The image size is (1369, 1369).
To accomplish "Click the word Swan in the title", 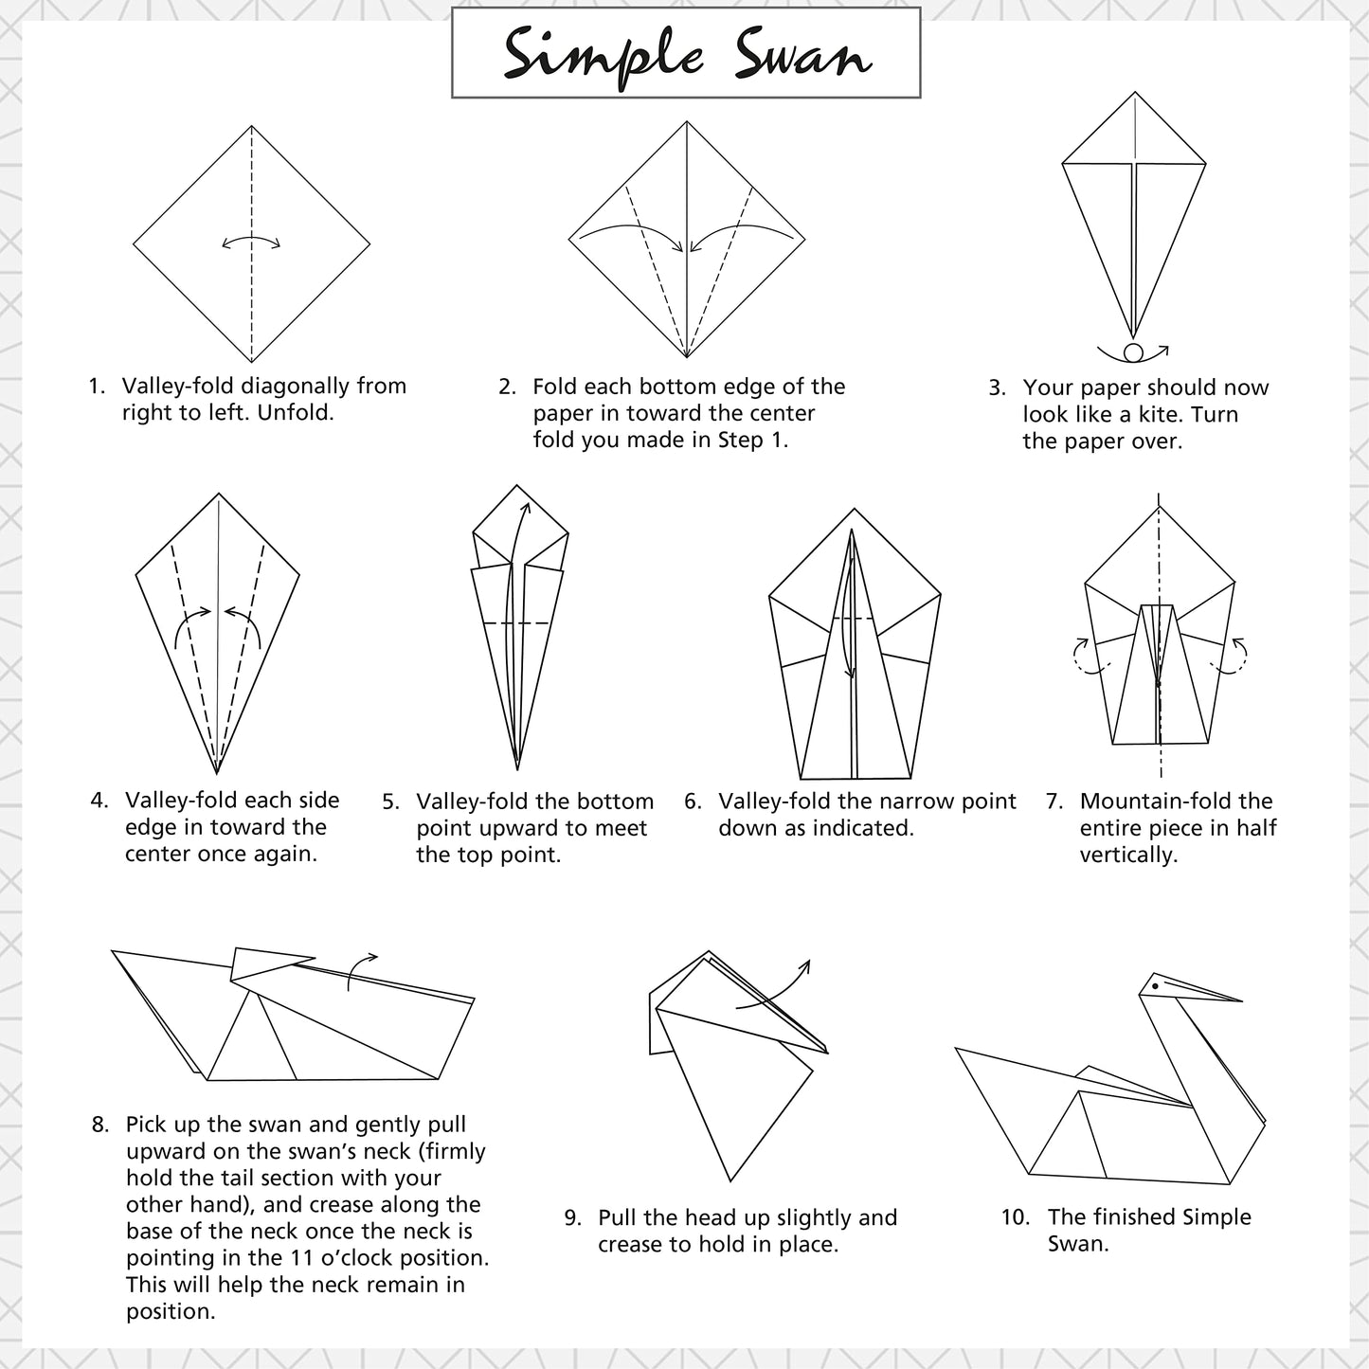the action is [x=802, y=55].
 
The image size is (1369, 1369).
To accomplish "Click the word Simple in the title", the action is [x=603, y=58].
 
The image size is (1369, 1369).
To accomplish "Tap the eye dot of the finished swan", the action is [x=1156, y=986].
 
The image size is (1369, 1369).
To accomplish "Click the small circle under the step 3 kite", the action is [x=1133, y=352].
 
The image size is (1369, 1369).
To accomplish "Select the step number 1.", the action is [x=97, y=387].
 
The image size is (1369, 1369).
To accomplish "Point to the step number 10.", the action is [x=1016, y=1217].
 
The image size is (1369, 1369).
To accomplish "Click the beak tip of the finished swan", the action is [x=1242, y=1001].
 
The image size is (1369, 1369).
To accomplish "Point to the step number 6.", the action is [x=693, y=802].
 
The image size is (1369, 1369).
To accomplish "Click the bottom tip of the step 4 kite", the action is [x=217, y=774].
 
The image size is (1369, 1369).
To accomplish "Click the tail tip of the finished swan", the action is [x=956, y=1048].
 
